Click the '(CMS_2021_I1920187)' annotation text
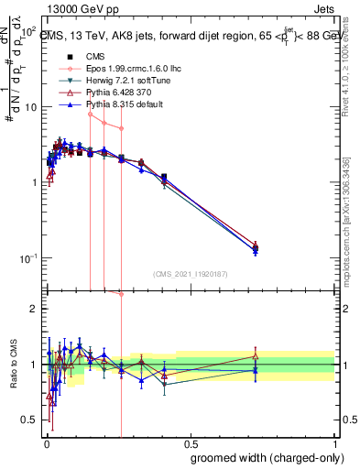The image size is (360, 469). point(190,274)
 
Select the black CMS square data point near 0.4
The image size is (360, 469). point(164,177)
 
